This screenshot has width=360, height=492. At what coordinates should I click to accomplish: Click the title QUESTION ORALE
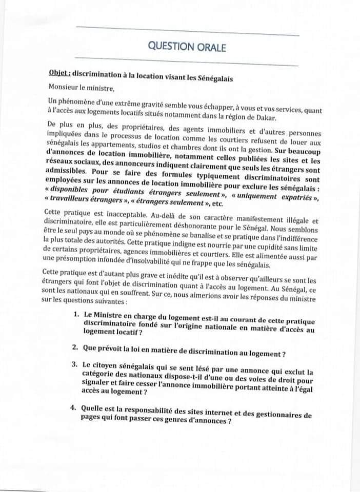187,47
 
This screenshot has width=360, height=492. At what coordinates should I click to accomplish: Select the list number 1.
75,316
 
